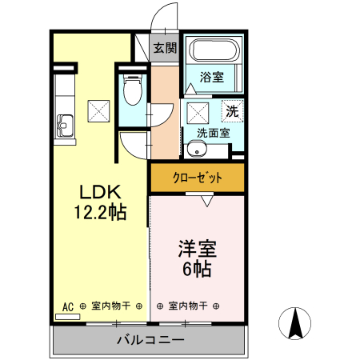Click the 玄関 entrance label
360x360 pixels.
coord(166,48)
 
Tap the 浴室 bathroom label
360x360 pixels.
coord(211,78)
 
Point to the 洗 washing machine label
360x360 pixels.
coord(231,110)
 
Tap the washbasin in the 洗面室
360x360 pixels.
coord(197,150)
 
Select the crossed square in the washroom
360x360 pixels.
coord(197,111)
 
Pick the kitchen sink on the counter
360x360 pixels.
coord(64,125)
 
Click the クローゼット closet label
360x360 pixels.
coord(197,178)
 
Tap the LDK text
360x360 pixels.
coord(99,193)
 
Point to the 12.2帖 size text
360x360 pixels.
coord(99,212)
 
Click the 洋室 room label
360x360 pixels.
coord(195,249)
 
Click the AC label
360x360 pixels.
coord(68,306)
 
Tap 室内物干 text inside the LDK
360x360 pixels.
coord(111,306)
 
